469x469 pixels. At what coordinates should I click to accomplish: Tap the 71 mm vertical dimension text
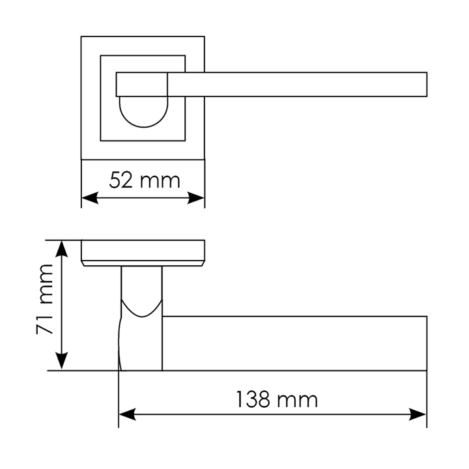[45, 300]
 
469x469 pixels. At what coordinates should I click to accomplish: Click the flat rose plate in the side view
[143, 251]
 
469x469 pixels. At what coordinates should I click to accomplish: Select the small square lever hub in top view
[142, 84]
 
